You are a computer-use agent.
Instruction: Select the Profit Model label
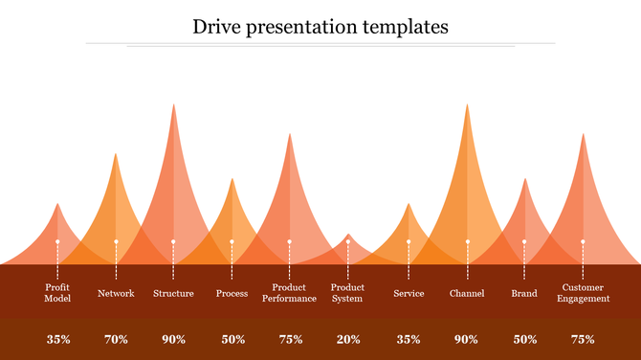coord(58,293)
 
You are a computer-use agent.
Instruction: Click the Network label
coord(116,293)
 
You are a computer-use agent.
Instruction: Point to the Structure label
coord(173,293)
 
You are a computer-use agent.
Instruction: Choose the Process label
coord(232,293)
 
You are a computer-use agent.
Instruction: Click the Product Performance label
coord(289,293)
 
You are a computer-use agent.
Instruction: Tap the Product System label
coord(347,293)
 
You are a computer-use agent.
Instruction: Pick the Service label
coord(409,293)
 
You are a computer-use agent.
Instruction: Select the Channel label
coord(467,293)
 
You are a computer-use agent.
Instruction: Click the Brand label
coord(524,293)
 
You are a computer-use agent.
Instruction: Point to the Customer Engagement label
coord(584,293)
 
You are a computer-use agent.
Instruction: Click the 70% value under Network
coord(116,339)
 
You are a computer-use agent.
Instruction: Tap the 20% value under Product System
coord(347,339)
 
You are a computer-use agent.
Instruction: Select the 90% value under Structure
coord(173,339)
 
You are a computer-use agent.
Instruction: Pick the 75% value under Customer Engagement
coord(584,339)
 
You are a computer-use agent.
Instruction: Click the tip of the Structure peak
coord(173,106)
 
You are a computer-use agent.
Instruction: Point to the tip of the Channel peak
coord(467,106)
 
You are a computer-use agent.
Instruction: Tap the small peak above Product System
coord(347,236)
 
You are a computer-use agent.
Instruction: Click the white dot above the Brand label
coord(524,241)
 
